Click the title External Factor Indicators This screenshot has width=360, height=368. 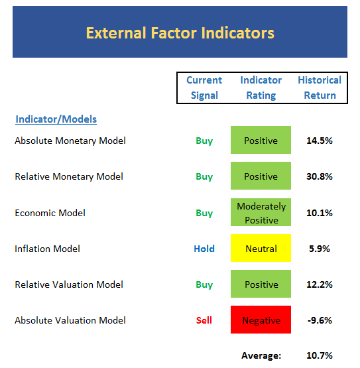click(x=180, y=33)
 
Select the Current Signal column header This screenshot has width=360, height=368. click(x=204, y=88)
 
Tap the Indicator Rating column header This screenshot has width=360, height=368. click(x=261, y=88)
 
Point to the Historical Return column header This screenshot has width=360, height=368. click(x=320, y=88)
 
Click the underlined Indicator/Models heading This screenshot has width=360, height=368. click(x=56, y=119)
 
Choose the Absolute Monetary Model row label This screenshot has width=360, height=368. click(x=70, y=141)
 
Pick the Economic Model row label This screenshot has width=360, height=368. click(x=50, y=213)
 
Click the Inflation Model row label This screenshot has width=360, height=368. click(x=47, y=249)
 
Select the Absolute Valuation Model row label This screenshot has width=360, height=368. click(x=70, y=320)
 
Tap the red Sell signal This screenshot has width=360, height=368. click(x=204, y=320)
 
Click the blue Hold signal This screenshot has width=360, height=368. click(x=204, y=249)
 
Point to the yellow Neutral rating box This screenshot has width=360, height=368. click(x=261, y=248)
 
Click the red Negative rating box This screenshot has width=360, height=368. click(x=261, y=320)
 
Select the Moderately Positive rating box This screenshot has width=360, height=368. click(x=261, y=212)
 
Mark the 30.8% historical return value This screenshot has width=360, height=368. click(x=320, y=176)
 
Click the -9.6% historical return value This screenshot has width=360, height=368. click(x=320, y=320)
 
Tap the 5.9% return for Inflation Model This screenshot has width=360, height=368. click(x=320, y=249)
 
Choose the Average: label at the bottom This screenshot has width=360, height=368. click(x=261, y=356)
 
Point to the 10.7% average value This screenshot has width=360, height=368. click(x=320, y=355)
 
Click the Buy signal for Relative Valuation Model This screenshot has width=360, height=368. click(x=204, y=284)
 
